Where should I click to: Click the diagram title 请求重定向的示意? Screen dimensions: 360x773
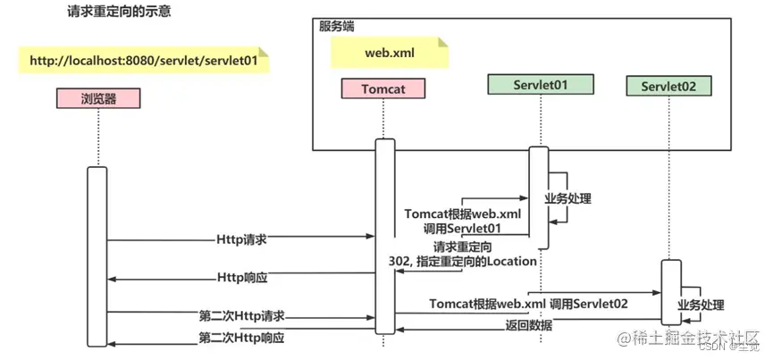coord(121,15)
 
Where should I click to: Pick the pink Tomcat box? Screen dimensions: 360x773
coord(383,88)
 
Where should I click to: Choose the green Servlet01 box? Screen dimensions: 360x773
coord(540,84)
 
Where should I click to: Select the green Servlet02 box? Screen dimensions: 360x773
coord(668,87)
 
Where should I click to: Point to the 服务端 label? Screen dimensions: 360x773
coord(337,27)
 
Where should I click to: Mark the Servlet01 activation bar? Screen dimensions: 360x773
coord(538,197)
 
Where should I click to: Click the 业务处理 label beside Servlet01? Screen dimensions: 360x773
coord(568,198)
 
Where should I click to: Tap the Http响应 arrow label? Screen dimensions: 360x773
coord(242,278)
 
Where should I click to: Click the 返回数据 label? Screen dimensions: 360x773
coord(528,325)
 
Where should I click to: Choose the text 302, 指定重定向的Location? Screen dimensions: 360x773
coord(462,261)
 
